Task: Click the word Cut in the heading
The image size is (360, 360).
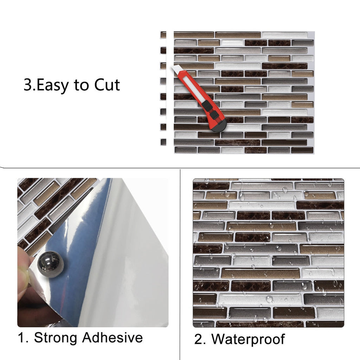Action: point(107,85)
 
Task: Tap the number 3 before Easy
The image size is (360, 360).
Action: point(27,85)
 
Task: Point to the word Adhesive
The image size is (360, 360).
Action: point(112,338)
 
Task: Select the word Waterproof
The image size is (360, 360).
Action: point(248,340)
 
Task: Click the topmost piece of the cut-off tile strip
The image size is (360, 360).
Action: point(163,35)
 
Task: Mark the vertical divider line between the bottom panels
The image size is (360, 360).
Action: point(180,264)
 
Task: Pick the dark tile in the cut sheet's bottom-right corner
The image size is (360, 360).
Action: point(302,150)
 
